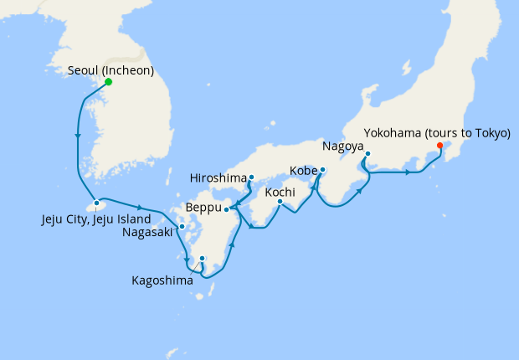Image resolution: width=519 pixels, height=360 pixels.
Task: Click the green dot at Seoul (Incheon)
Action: pyautogui.click(x=109, y=82)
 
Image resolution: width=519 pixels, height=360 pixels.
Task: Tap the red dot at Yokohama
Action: pyautogui.click(x=440, y=145)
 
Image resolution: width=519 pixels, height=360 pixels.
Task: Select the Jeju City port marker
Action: pyautogui.click(x=97, y=203)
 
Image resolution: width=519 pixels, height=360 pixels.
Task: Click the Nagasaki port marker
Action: pyautogui.click(x=182, y=226)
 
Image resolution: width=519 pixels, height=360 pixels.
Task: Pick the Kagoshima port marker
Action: pyautogui.click(x=202, y=258)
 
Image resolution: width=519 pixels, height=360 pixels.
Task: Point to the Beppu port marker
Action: pyautogui.click(x=227, y=208)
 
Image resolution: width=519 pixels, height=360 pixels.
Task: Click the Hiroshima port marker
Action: pyautogui.click(x=251, y=177)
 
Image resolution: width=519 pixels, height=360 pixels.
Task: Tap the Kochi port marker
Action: pyautogui.click(x=281, y=201)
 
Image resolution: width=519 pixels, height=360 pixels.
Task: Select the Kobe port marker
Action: pyautogui.click(x=323, y=171)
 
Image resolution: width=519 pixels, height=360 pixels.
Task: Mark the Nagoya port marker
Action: pyautogui.click(x=367, y=153)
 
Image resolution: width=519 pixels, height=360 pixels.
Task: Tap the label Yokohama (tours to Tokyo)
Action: pyautogui.click(x=438, y=132)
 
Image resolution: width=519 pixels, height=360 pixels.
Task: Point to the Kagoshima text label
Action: pyautogui.click(x=162, y=280)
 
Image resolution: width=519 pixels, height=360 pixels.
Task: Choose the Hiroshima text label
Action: pyautogui.click(x=218, y=178)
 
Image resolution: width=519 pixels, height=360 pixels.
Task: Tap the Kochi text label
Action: pyautogui.click(x=280, y=192)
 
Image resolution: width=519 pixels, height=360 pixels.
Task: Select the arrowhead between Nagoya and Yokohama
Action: pyautogui.click(x=408, y=172)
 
